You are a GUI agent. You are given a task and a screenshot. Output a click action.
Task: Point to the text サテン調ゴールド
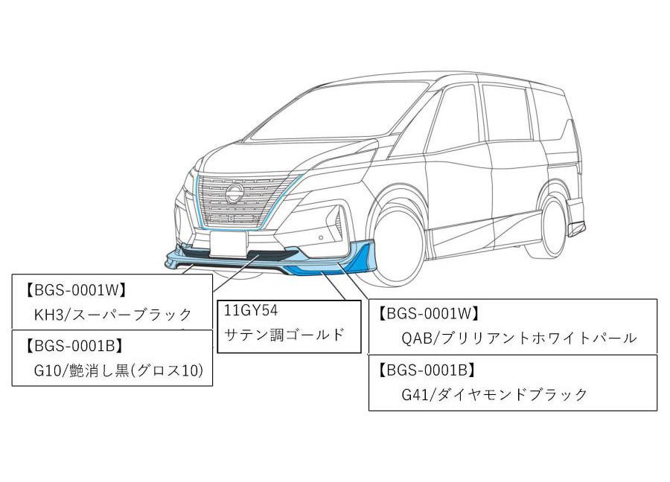[284, 334]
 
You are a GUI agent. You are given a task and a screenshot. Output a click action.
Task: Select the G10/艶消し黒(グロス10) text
[118, 370]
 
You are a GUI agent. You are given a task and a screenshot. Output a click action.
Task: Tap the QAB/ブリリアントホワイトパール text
[519, 338]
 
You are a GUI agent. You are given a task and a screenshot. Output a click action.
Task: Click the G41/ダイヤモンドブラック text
[494, 394]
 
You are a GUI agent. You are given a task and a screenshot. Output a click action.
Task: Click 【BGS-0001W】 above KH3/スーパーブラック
[74, 288]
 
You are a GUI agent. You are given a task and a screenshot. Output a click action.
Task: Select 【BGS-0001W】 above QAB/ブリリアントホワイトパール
[428, 314]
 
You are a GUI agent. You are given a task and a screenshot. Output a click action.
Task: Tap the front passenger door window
[453, 123]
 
